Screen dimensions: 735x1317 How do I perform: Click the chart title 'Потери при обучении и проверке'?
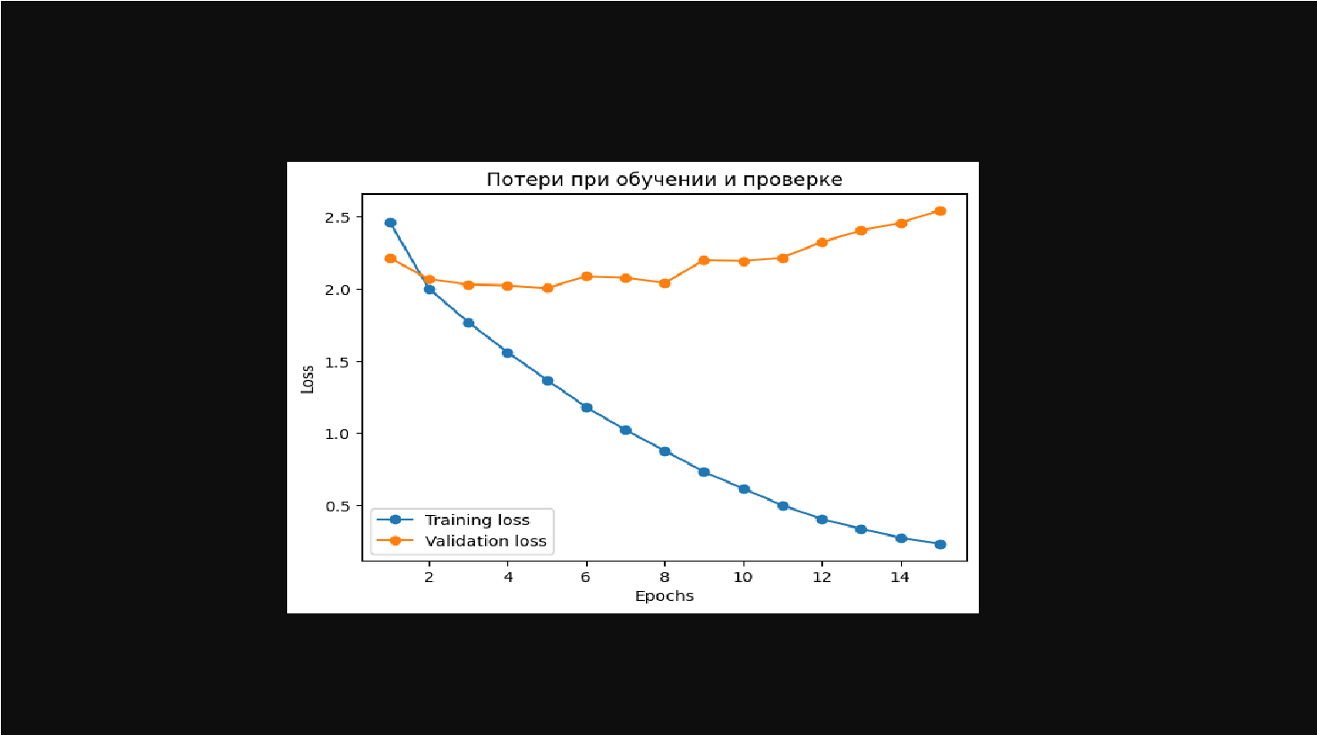tap(664, 180)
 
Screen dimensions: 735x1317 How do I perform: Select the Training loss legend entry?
tap(476, 520)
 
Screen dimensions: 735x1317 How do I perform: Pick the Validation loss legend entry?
tap(485, 541)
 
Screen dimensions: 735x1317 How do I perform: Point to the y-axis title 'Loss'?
tap(308, 379)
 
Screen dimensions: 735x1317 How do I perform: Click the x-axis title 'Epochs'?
tap(664, 596)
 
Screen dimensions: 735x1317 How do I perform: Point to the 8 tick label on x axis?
tap(664, 578)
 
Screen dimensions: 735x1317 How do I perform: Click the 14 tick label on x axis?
tap(900, 578)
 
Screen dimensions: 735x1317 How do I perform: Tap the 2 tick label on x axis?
tap(429, 578)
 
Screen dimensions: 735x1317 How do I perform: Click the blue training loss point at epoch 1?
tap(390, 223)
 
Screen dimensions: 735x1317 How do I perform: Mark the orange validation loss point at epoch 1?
tap(390, 258)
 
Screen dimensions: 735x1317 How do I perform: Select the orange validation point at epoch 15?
tap(940, 211)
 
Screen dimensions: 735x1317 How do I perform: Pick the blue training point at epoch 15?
tap(940, 545)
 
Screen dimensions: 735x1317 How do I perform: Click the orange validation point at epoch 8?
tap(665, 283)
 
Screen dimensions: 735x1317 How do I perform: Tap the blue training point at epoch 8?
tap(665, 452)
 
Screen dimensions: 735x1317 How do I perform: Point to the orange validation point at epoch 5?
tap(548, 288)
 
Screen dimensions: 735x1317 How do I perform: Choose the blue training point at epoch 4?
tap(507, 353)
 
